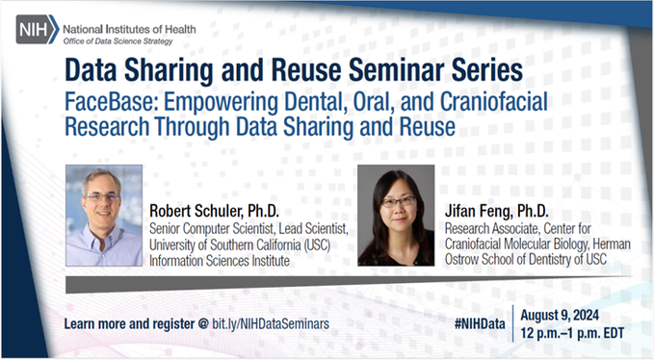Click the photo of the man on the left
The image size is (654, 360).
[x=103, y=216]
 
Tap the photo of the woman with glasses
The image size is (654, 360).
[x=395, y=216]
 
